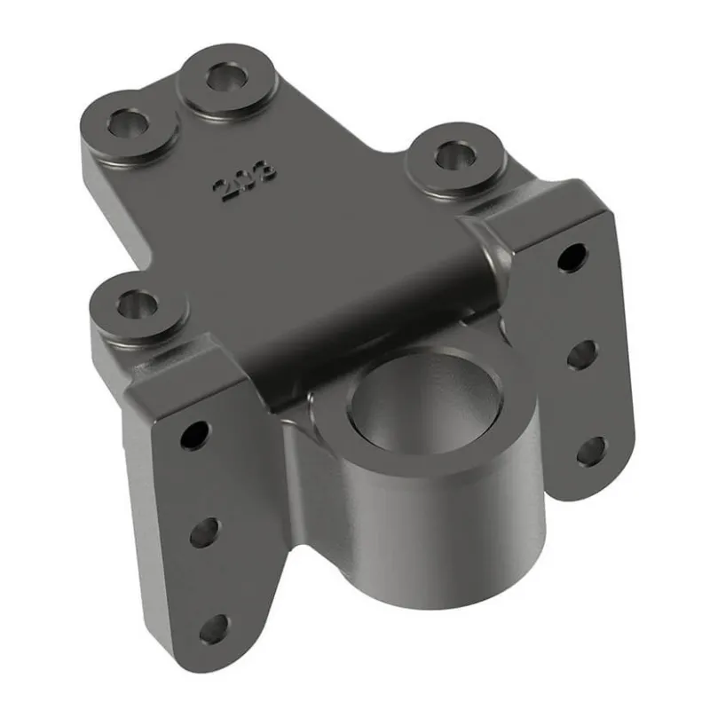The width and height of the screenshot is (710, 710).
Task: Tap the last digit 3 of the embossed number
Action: tap(264, 170)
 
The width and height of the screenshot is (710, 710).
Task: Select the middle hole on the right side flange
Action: tap(582, 353)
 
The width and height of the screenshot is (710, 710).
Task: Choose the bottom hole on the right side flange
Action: tap(591, 449)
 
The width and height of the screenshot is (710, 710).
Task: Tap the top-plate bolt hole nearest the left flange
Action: tap(138, 306)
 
